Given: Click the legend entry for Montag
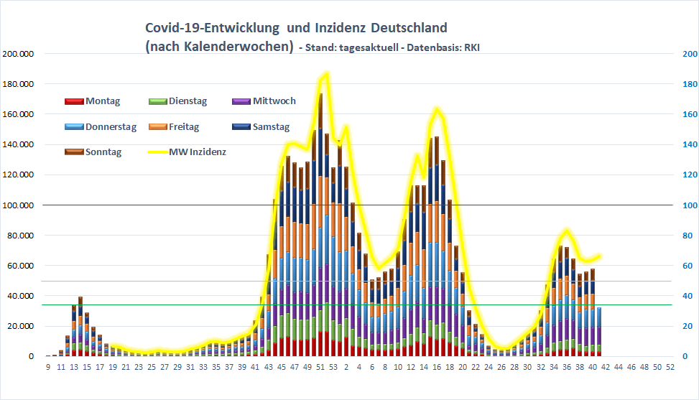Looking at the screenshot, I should coord(93,101).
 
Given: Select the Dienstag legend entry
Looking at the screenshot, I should coord(177,101).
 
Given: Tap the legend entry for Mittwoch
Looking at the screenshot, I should coord(264,101).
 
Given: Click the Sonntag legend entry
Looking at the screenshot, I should coord(93,152).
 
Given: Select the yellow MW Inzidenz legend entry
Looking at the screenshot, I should coord(186,152).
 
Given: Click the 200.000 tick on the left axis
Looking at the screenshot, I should coord(18,54).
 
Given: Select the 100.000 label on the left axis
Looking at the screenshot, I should coord(18,205).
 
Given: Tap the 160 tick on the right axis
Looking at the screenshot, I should coord(688,114).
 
